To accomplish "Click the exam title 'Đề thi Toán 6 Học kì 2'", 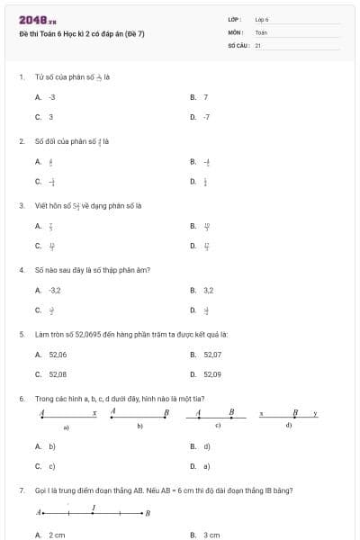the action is click(81, 34).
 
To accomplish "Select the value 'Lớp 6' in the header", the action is click(262, 19).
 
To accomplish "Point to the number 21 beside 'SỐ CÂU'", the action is click(257, 44).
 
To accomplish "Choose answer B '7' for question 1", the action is click(206, 96).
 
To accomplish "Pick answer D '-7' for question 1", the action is click(206, 117).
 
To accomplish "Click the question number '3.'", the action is click(22, 205).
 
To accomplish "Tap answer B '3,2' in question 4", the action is click(208, 290).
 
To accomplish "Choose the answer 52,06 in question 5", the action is click(58, 355).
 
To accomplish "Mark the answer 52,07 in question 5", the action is click(212, 355).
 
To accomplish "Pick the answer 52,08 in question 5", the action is click(58, 373).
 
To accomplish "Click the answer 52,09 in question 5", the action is click(212, 373).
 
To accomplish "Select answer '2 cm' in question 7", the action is click(57, 535).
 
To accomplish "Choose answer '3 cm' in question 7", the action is click(211, 535).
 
